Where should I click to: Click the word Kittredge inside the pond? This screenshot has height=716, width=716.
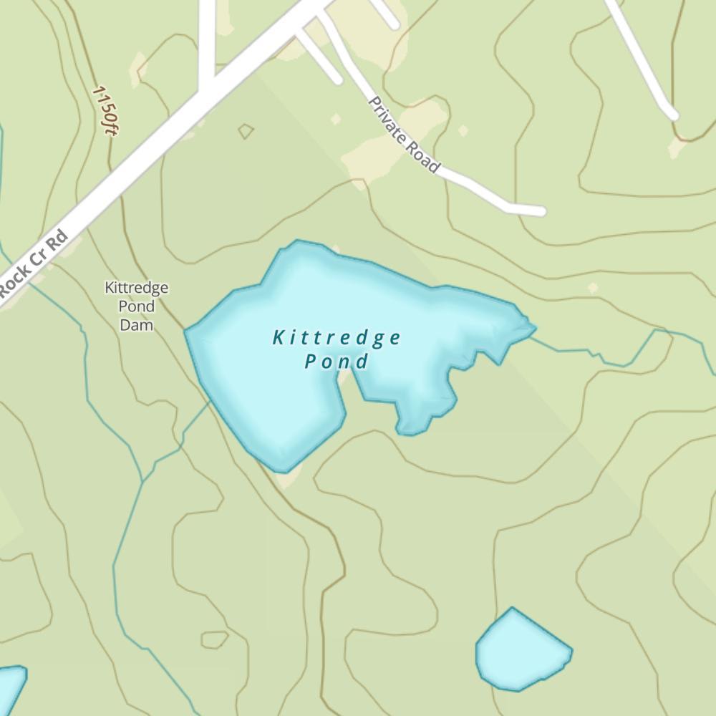coord(337,338)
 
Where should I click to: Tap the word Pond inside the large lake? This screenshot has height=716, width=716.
coord(337,362)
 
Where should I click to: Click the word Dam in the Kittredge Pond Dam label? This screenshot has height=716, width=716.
coord(136,325)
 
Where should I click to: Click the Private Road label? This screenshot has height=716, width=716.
coord(403,135)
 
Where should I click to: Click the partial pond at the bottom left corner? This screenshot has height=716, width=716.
coord(10,687)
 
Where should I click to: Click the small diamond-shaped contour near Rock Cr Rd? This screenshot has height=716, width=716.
coord(246,131)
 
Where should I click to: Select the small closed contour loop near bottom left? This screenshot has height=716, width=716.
coord(214,639)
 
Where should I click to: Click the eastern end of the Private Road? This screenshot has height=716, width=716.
coord(541,211)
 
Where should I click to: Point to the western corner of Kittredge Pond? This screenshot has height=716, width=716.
coord(187,331)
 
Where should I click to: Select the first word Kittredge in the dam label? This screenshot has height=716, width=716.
coord(136,288)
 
